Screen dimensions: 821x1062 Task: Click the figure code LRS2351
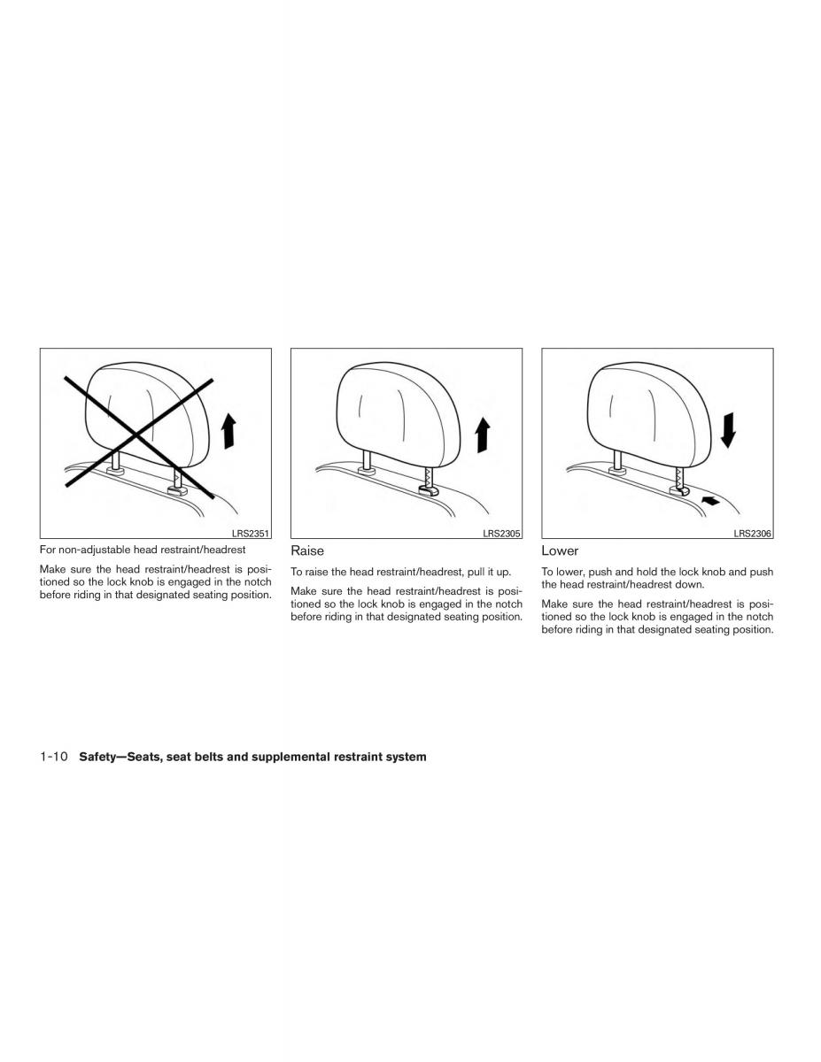point(251,534)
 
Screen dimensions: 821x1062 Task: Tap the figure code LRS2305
point(501,534)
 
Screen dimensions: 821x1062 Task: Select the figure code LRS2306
point(753,534)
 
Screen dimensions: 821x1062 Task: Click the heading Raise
point(307,550)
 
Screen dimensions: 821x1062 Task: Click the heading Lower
point(560,550)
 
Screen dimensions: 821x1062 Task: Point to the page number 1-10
point(54,757)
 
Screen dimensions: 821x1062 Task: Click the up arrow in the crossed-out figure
point(228,431)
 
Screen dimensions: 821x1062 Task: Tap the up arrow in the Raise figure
point(483,435)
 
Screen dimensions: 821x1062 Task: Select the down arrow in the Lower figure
point(728,430)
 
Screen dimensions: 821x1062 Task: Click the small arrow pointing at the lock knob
point(711,500)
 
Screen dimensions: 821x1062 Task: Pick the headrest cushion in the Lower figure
point(649,415)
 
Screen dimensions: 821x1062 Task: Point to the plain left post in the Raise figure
point(367,459)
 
